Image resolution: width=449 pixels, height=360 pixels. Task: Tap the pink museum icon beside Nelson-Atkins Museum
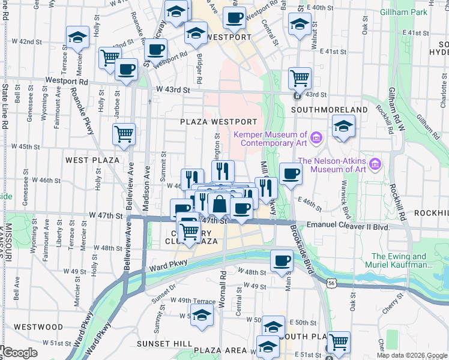[376, 164]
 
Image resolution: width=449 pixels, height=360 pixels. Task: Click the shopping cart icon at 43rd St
[300, 77]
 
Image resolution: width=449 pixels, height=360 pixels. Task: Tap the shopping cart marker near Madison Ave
[124, 134]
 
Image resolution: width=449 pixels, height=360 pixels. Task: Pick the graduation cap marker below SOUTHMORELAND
[343, 126]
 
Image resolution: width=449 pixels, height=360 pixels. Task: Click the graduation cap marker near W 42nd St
[77, 38]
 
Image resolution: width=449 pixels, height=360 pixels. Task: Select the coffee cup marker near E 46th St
[291, 174]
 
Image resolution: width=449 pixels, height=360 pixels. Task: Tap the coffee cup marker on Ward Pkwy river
[282, 260]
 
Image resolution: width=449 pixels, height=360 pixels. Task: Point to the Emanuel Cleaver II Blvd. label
[348, 226]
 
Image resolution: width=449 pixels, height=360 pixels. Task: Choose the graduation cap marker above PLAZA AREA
[202, 314]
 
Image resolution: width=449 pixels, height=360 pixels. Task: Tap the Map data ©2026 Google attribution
[412, 355]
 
